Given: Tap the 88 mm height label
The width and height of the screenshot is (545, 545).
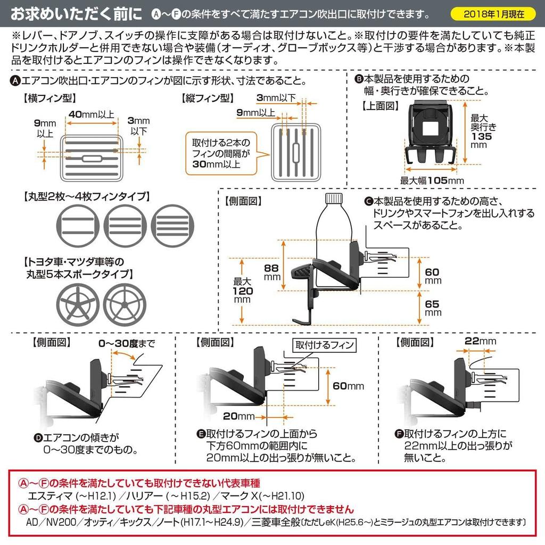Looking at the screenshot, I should click(272, 272).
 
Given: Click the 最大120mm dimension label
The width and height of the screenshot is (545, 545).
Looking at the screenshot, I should click(243, 292).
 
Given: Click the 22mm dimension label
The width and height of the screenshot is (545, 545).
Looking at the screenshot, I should click(480, 341).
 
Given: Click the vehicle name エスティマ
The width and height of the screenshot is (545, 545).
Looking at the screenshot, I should click(49, 496).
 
